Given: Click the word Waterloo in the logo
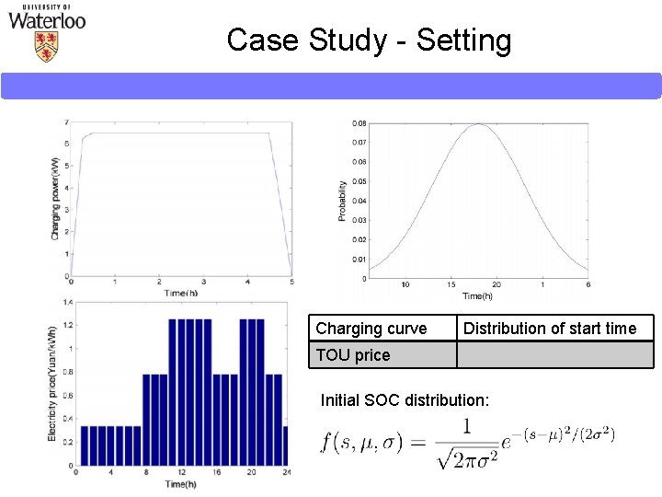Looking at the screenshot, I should coord(47,20).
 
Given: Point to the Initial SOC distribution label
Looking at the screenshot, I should coord(405,400).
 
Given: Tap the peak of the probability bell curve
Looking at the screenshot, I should coord(477,123).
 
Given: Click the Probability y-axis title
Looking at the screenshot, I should coord(343,200).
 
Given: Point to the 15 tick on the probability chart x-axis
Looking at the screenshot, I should coord(451,284).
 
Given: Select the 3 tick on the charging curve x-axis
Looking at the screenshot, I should coord(202,282).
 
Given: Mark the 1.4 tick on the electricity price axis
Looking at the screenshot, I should coord(66,303).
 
